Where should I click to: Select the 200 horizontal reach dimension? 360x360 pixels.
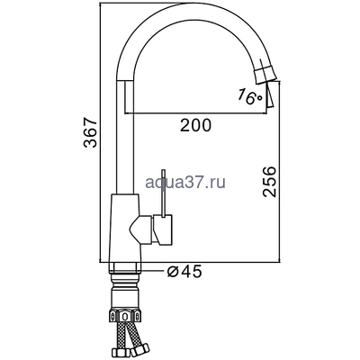tap(195, 126)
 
